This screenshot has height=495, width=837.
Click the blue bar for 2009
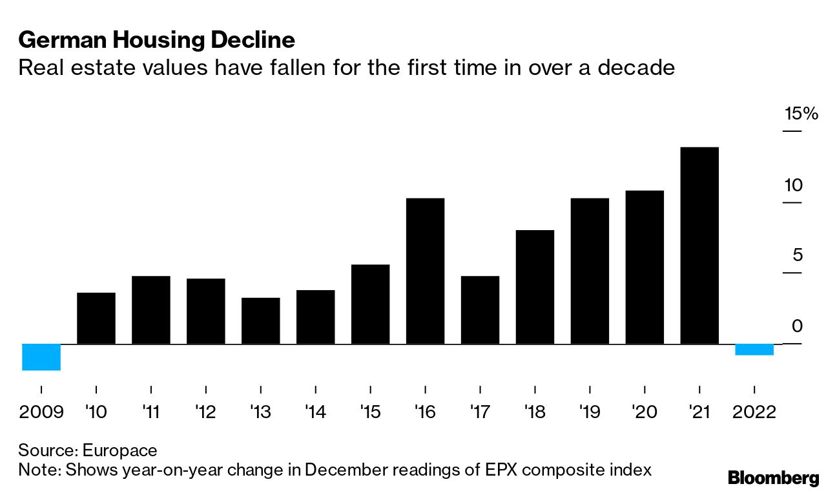41,357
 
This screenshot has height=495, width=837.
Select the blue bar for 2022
754,350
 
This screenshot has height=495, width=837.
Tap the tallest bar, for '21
699,246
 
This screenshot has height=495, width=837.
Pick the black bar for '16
425,271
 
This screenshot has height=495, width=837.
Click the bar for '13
260,321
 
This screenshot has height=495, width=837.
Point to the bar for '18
535,287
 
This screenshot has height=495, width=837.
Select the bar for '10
96,318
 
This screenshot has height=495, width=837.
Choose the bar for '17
480,310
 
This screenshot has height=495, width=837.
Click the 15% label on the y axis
801,114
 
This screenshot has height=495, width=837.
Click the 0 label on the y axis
798,326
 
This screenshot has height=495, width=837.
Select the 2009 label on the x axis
41,412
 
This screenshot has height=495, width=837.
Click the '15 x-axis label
370,412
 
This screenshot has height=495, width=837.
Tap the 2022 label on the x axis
754,412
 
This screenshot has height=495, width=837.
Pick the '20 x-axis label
645,412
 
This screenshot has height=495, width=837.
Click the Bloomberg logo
773,478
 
